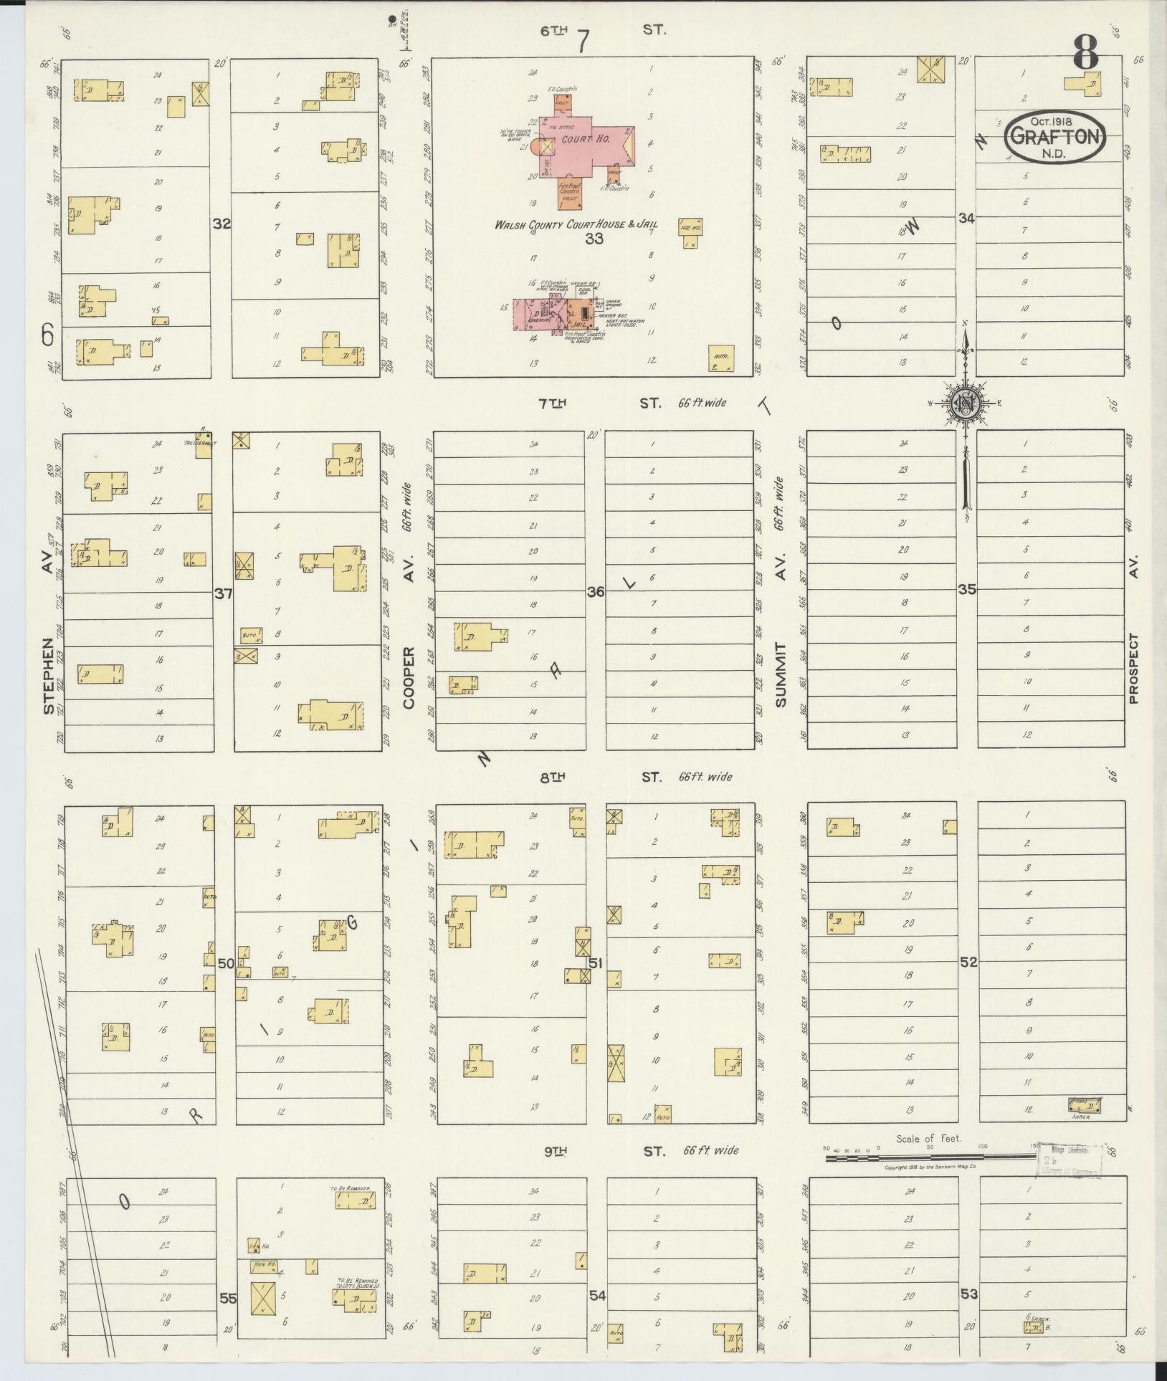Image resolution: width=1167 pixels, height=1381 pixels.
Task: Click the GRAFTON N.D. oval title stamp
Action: pos(1055,137)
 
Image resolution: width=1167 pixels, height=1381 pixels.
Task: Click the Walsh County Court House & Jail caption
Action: pos(576,225)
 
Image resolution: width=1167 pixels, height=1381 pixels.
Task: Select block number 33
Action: pos(594,239)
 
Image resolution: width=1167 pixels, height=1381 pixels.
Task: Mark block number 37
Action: pos(224,593)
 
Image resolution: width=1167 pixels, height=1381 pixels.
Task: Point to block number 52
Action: pos(968,962)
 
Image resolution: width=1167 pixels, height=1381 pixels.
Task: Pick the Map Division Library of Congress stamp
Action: pos(1070,1161)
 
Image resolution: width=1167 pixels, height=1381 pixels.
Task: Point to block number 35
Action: pos(967,590)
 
